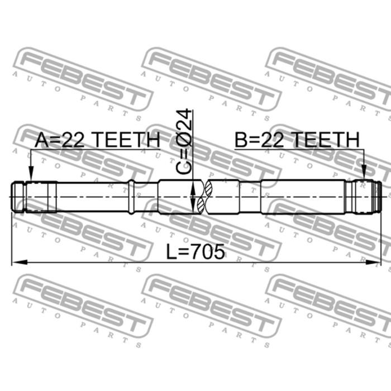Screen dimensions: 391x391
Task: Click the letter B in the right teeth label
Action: click(241, 141)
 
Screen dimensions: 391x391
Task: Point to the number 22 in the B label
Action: click(273, 141)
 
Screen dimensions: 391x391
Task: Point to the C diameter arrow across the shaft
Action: click(193, 197)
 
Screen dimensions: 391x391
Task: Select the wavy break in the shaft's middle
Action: click(207, 197)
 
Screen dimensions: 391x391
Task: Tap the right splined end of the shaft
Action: click(363, 197)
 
